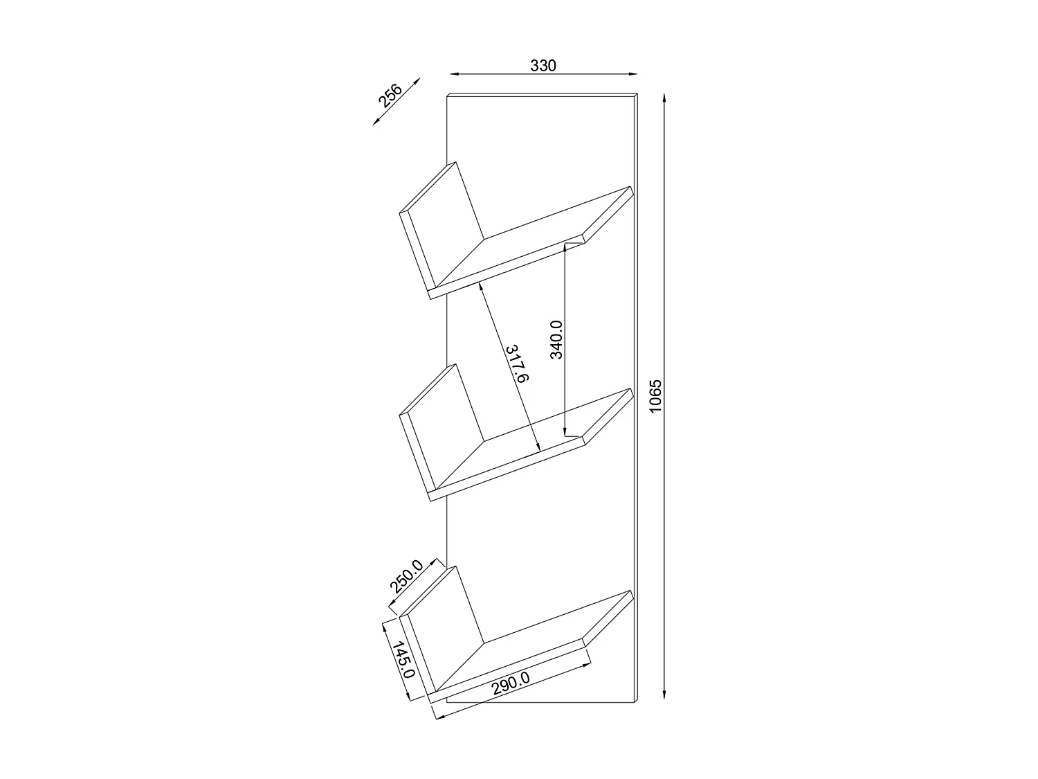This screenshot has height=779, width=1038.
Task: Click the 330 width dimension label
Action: (x=543, y=66)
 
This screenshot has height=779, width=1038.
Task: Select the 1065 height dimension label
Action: (x=657, y=397)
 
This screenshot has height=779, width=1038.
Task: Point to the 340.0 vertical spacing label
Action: (x=556, y=339)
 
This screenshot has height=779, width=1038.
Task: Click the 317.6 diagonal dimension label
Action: (x=517, y=364)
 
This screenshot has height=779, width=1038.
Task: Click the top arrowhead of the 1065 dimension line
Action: (x=664, y=97)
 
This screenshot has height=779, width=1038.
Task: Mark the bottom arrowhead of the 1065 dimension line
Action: (x=664, y=698)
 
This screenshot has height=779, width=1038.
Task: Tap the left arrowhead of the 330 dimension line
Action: (x=453, y=73)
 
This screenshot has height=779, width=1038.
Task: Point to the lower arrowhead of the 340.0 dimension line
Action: (x=566, y=432)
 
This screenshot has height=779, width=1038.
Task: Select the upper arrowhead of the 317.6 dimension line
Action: (x=478, y=287)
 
